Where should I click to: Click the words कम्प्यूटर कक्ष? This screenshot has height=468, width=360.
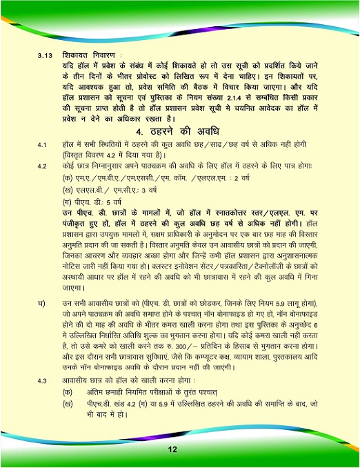(192, 355)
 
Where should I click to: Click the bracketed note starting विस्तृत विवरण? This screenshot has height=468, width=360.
(114, 155)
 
